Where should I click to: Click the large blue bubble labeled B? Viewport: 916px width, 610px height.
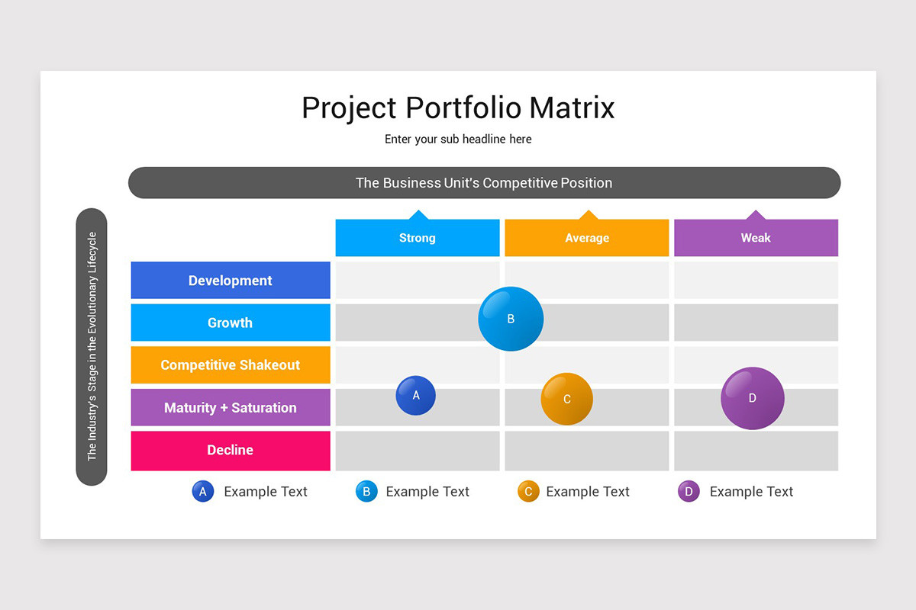tap(511, 319)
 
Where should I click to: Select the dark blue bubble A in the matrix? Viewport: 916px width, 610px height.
tap(416, 396)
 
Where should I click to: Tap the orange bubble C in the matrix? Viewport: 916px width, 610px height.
tap(567, 399)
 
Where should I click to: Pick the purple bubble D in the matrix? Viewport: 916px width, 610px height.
tap(753, 398)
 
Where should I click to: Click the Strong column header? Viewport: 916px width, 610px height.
tap(418, 238)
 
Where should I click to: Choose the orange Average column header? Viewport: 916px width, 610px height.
tap(587, 238)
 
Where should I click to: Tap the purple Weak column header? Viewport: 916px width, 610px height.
tap(756, 238)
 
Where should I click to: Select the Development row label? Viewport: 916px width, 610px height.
tap(231, 281)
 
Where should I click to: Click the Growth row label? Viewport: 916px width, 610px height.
tap(231, 323)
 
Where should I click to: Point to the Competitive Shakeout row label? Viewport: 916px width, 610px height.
tap(231, 365)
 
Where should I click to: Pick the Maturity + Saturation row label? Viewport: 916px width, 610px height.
tap(231, 408)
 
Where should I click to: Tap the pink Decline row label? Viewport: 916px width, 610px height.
tap(231, 451)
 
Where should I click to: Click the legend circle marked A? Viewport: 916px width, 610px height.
tap(203, 492)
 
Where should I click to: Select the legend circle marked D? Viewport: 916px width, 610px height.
tap(689, 492)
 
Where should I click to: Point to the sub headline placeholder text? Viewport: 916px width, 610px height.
tap(458, 139)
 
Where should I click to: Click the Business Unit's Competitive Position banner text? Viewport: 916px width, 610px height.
tap(484, 183)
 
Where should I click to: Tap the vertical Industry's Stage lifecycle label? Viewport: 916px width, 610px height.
tap(92, 346)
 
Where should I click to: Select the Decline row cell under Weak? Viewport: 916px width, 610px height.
tap(756, 451)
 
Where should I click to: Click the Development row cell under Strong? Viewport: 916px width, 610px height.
tap(418, 280)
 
